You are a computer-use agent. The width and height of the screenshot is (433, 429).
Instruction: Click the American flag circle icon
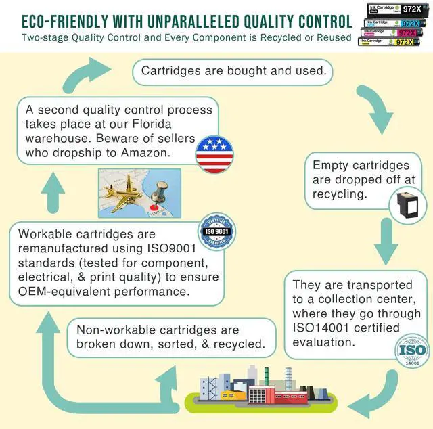pyautogui.click(x=214, y=154)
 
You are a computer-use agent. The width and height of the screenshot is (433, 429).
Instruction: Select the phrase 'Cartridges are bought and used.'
pyautogui.click(x=233, y=70)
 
